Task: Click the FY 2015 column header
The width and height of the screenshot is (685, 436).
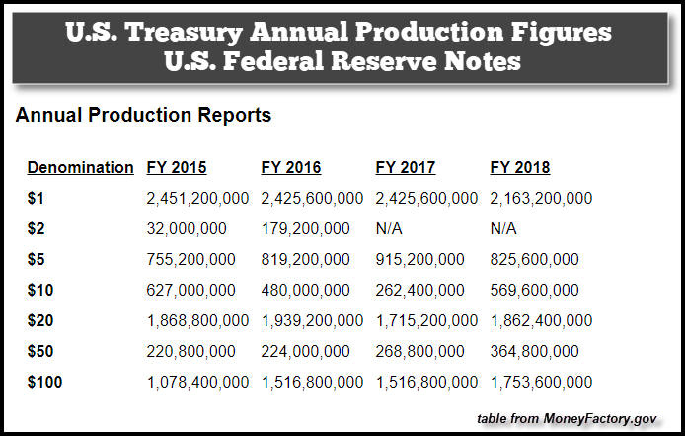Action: pos(177,167)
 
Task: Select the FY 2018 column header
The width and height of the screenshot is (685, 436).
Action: pos(520,167)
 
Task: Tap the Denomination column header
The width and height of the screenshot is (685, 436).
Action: pos(80,167)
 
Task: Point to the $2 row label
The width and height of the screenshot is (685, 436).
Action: pos(37,228)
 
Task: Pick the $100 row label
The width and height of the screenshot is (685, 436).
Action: pos(44,382)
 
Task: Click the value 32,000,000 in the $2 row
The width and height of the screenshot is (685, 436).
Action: pos(187,228)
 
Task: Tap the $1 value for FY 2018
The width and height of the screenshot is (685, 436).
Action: pos(541,198)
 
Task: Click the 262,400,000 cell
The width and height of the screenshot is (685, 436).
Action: pos(420,290)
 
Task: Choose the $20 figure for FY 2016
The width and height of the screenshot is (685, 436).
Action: pos(312,320)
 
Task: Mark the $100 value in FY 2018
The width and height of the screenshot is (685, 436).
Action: pos(541,382)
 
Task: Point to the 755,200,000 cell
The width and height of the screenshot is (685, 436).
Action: pos(190,259)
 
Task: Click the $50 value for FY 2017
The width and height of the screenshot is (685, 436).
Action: pos(420,351)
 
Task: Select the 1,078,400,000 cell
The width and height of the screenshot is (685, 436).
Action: pos(197,382)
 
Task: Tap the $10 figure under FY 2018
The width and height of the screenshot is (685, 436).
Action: pos(535,290)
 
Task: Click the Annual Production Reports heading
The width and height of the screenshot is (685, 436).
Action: pos(143,116)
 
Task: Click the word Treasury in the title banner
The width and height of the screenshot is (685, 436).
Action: pos(189,33)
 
